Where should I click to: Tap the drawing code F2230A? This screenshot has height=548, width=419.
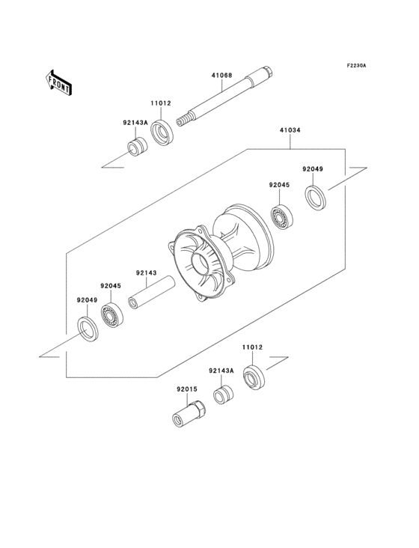(356, 66)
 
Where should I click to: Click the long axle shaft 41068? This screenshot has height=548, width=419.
(225, 98)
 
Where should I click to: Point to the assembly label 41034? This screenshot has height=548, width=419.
(290, 130)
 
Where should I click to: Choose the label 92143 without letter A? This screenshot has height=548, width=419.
(147, 273)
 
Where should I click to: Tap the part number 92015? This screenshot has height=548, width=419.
(188, 389)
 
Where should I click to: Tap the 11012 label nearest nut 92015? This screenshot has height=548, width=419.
(252, 348)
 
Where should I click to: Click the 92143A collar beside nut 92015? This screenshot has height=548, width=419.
(222, 395)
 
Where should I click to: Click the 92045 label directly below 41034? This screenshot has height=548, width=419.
(280, 184)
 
